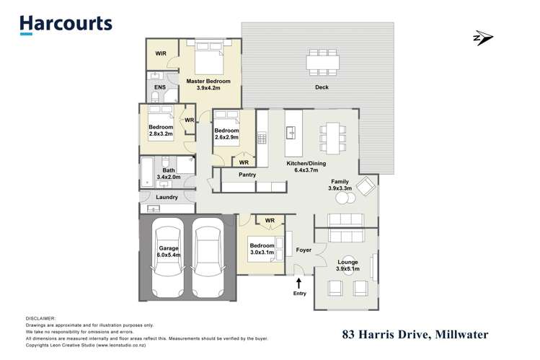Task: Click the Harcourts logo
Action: click(66, 24)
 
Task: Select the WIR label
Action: click(161, 53)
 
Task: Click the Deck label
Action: click(322, 88)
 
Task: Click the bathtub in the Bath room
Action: click(148, 170)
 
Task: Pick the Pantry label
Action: click(248, 174)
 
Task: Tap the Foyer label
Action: click(304, 250)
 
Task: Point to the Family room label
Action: click(340, 182)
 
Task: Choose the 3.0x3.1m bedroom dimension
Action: click(263, 253)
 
